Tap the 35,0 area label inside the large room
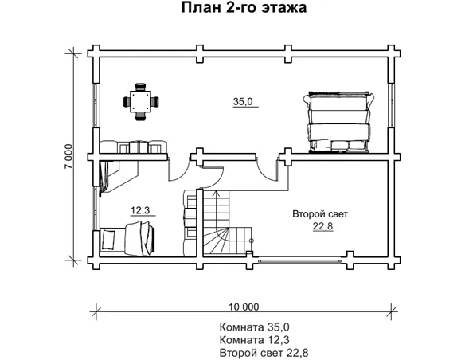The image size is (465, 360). (x=242, y=102)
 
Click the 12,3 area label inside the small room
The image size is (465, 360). (x=139, y=210)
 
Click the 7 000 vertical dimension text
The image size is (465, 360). (x=68, y=157)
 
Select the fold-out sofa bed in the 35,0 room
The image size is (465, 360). (x=337, y=121)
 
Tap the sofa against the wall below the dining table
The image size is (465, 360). (x=133, y=147)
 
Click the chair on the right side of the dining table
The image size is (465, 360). (x=156, y=101)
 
